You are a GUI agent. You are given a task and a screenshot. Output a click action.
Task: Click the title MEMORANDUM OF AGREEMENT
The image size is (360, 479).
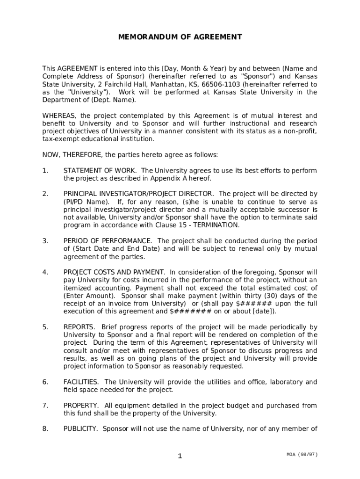(x=180, y=36)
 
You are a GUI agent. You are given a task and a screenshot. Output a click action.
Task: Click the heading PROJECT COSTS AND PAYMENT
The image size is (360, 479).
(x=114, y=272)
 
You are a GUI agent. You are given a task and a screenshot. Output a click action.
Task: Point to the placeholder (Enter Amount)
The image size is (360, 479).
(x=89, y=296)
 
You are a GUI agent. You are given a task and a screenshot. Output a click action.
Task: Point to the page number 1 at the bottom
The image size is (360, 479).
(x=180, y=457)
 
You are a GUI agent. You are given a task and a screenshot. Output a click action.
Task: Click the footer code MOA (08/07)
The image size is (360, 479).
(x=303, y=454)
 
